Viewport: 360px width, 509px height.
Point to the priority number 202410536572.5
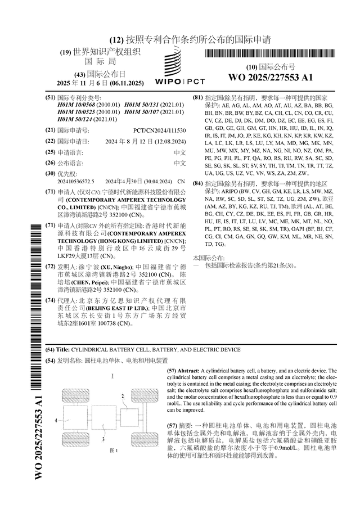[x=75, y=182]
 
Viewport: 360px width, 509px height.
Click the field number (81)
[x=198, y=97]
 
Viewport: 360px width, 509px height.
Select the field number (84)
[x=198, y=183]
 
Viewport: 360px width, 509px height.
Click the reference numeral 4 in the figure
[x=56, y=420]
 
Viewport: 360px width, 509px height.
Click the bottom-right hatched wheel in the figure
[x=136, y=434]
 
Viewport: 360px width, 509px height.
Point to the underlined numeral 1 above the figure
[x=113, y=375]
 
